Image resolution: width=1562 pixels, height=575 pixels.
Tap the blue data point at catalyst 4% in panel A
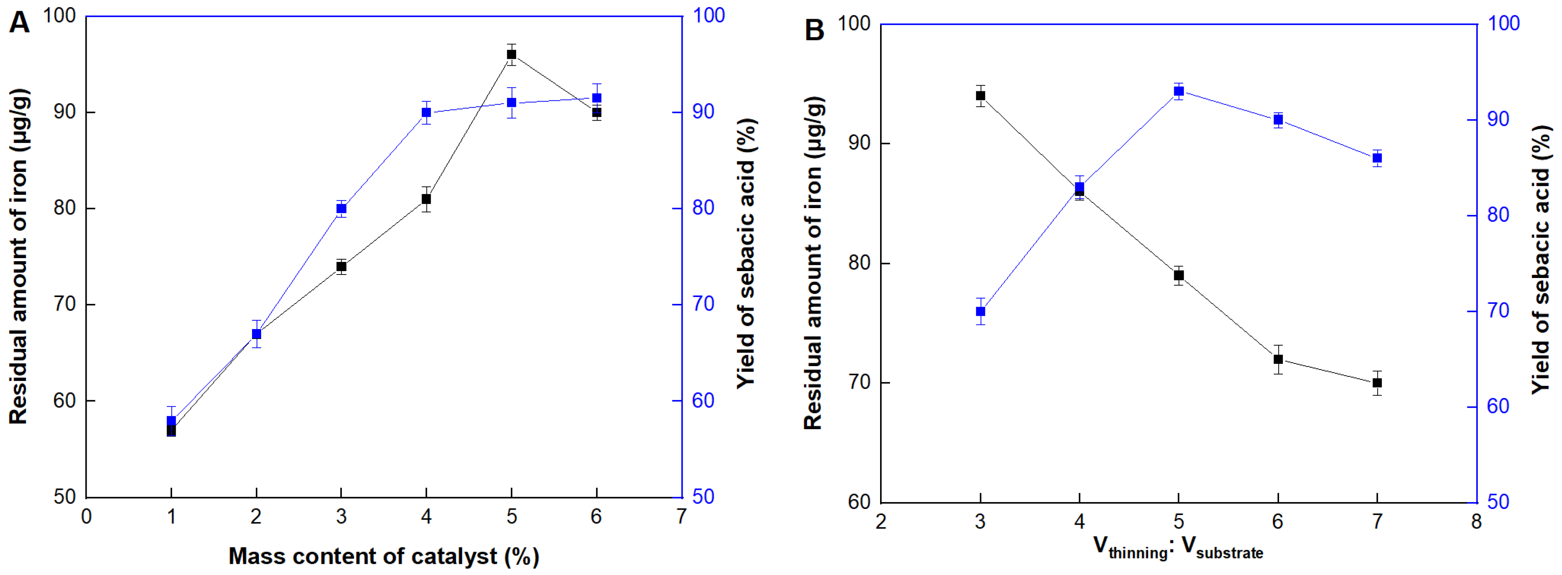tap(426, 112)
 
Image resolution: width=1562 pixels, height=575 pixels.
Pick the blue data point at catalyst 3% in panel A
tap(341, 208)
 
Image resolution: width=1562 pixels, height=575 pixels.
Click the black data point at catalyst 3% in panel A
tap(341, 266)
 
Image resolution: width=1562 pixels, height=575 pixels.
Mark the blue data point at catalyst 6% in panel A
tap(597, 98)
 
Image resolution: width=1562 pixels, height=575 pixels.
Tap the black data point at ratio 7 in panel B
tap(1377, 383)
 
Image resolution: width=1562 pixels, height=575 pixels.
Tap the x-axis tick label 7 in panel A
tap(682, 517)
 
